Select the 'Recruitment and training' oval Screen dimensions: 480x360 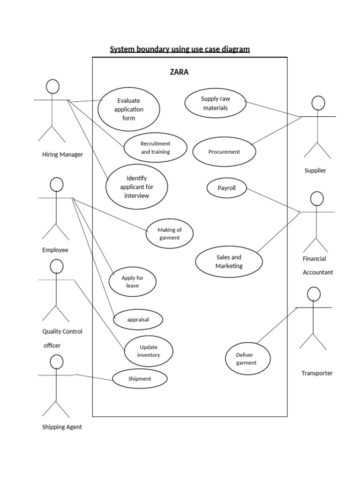pos(155,148)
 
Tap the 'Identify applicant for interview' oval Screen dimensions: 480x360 pos(136,187)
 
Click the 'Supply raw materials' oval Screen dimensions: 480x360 pos(215,104)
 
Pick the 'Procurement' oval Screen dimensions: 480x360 pos(224,152)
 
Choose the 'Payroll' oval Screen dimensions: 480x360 pos(226,188)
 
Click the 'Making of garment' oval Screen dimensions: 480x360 pos(169,233)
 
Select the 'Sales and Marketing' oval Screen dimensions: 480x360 pos(229,262)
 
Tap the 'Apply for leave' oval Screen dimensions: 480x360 pos(132,282)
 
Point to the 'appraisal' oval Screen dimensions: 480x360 pos(138,320)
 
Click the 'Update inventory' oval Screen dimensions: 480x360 pos(148,351)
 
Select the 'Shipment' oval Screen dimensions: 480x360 pos(140,379)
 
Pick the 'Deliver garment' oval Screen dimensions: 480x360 pos(246,359)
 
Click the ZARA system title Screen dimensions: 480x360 pos(179,72)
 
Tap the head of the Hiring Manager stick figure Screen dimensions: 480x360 pos(52,86)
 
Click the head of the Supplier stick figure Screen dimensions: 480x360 pos(318,103)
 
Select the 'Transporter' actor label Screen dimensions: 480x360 pos(317,373)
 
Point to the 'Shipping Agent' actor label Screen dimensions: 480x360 pos(62,427)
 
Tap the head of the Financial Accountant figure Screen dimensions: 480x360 pos(317,199)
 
